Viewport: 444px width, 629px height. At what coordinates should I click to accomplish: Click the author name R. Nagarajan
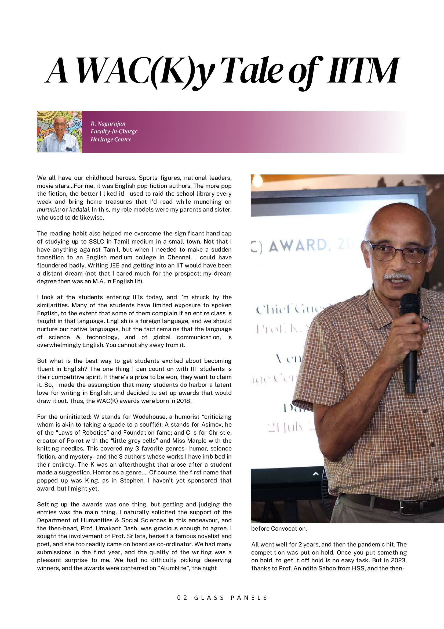[x=108, y=124]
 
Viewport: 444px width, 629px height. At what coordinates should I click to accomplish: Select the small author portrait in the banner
[x=59, y=132]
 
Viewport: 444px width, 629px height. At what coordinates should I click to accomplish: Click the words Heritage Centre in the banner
[x=111, y=140]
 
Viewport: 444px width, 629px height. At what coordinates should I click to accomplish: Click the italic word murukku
[x=49, y=210]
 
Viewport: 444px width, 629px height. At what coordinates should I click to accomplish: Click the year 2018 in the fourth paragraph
[x=184, y=401]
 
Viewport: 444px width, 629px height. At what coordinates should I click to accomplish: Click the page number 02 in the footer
[x=182, y=598]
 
